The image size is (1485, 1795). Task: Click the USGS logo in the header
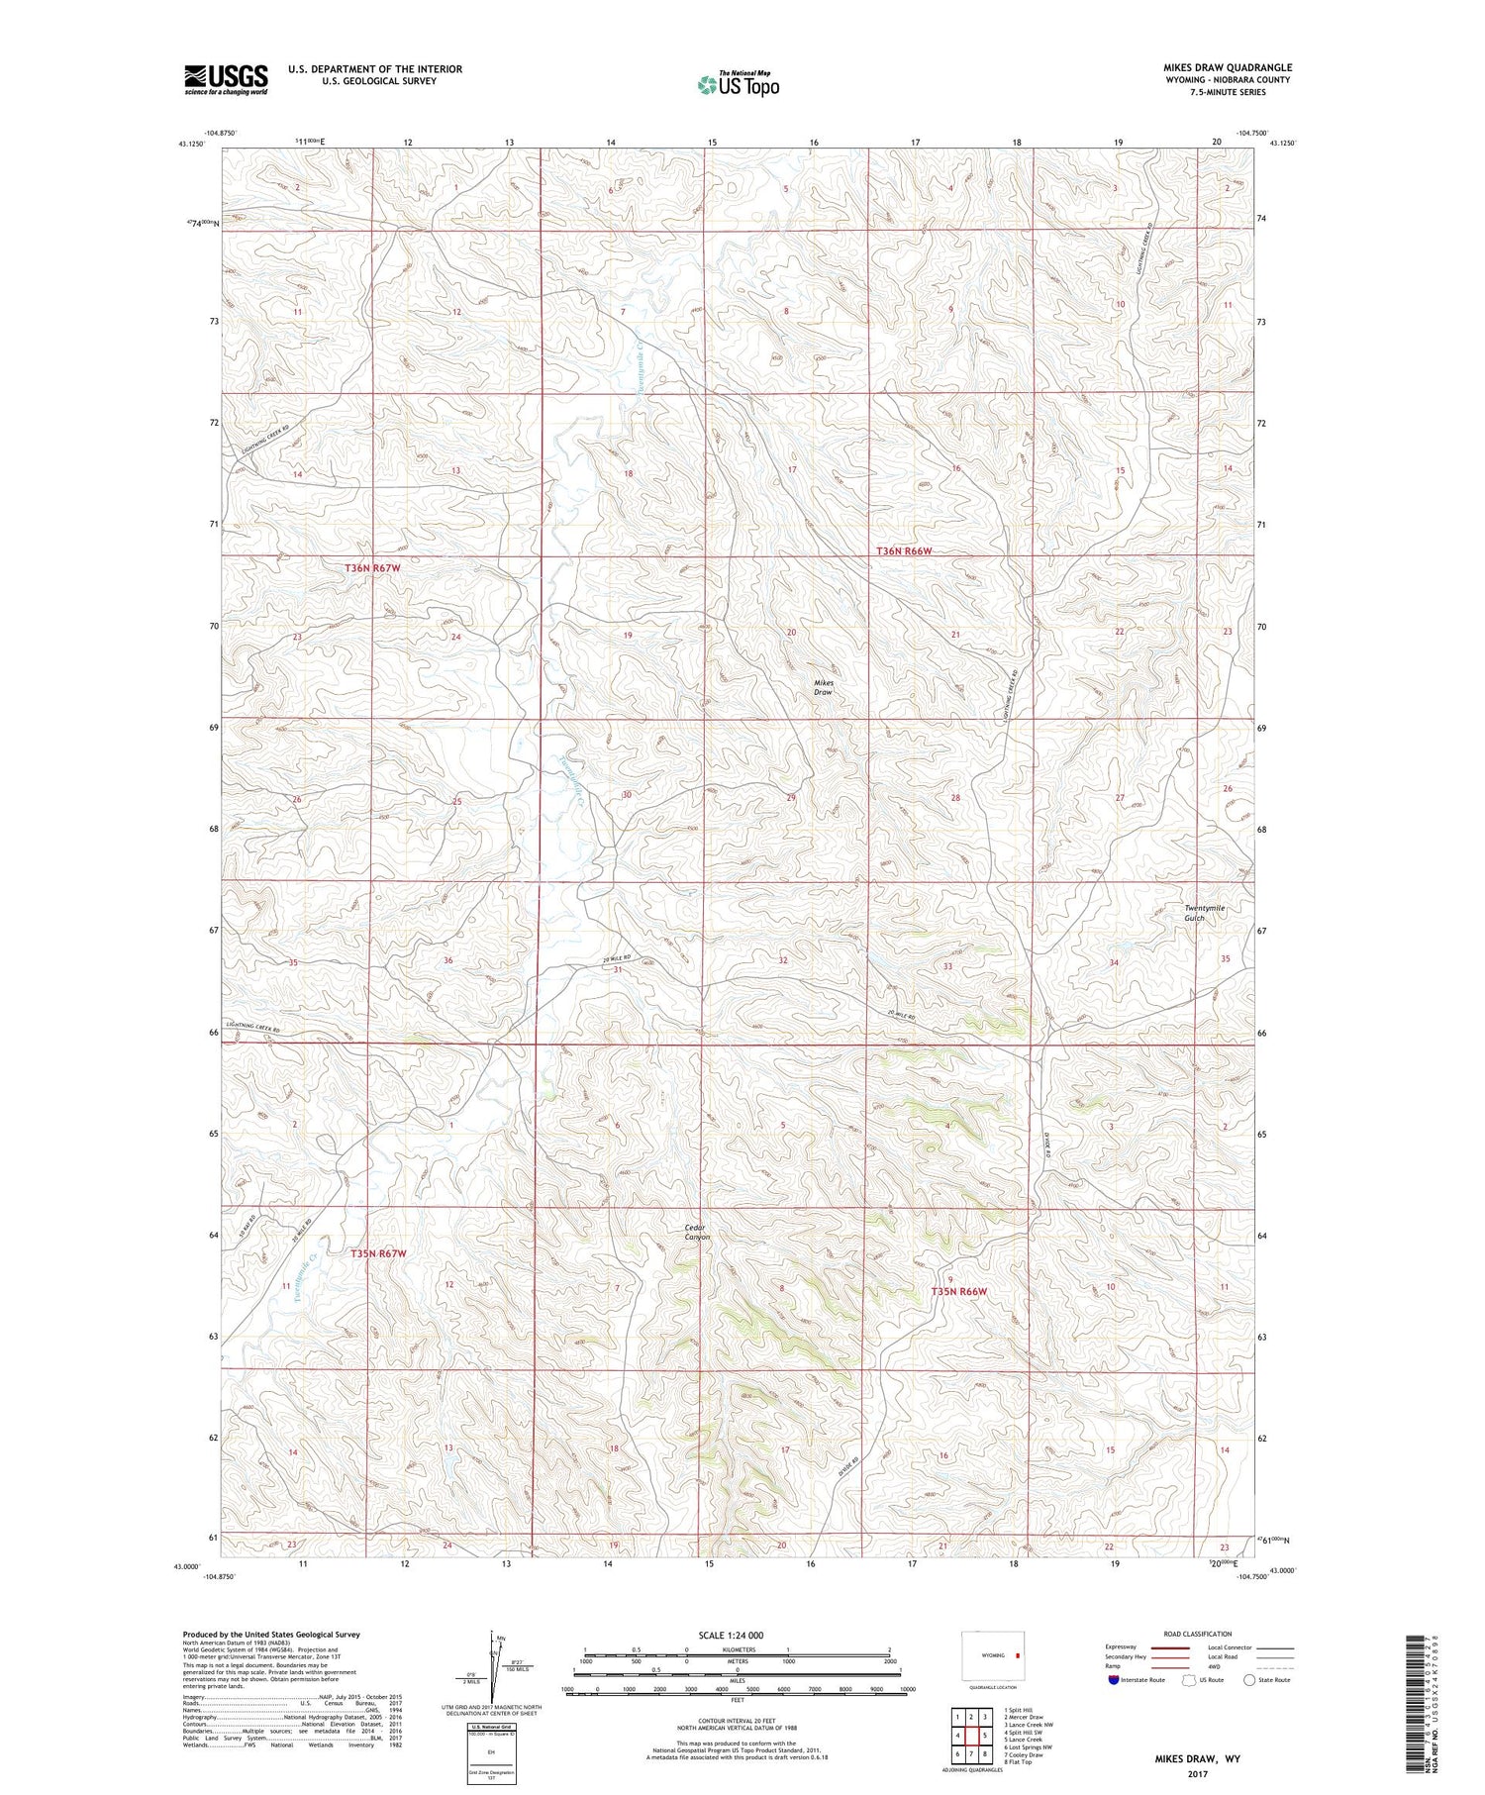pos(226,79)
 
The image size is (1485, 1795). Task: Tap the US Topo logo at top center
pos(738,84)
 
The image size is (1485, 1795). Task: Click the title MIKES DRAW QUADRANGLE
pos(1227,67)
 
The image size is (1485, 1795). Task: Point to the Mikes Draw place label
pos(824,687)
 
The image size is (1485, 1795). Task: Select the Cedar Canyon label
pos(697,1233)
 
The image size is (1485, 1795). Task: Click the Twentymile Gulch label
pos(1204,913)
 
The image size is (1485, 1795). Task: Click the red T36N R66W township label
pos(904,551)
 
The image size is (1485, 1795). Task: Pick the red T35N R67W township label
pos(378,1253)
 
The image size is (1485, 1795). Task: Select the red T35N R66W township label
pos(959,1292)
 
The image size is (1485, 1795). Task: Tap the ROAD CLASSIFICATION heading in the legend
pos(1198,1634)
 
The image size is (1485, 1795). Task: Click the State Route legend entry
pos(1269,1680)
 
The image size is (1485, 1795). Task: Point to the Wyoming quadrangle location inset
pos(995,1655)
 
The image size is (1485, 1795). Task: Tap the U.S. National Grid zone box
pos(491,1751)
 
